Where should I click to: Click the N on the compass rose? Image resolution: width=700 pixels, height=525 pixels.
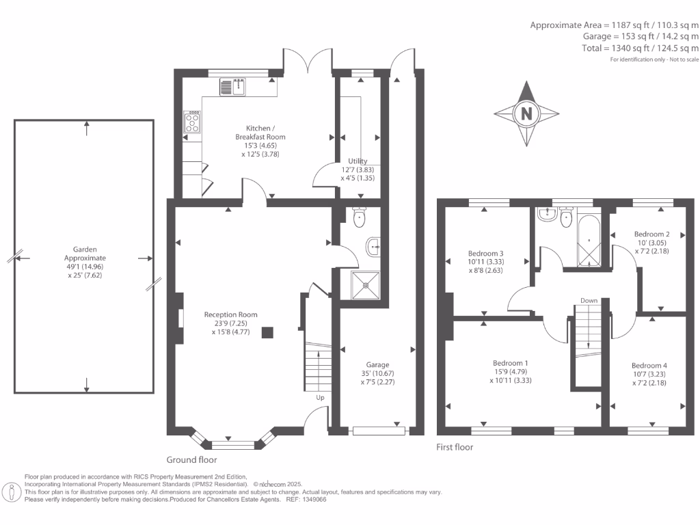click(x=527, y=113)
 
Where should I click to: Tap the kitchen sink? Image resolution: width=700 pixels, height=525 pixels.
click(x=232, y=87)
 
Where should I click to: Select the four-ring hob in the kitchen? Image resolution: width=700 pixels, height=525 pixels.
click(x=192, y=122)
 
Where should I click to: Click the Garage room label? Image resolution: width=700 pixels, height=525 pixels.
click(x=377, y=365)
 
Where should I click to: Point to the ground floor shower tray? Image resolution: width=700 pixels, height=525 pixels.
click(x=366, y=285)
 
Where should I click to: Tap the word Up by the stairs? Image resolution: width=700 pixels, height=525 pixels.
click(x=320, y=397)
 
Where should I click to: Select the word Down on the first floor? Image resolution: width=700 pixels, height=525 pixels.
click(x=589, y=301)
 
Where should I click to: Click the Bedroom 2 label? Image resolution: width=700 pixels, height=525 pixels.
click(x=651, y=234)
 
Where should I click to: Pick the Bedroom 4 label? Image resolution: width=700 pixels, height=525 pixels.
click(x=649, y=365)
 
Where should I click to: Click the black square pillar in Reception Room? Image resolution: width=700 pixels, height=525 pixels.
click(x=267, y=333)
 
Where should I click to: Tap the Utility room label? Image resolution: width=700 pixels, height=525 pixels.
click(x=358, y=161)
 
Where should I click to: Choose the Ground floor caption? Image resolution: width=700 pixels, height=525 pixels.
click(x=191, y=460)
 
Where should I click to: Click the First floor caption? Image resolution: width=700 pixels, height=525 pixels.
click(x=455, y=447)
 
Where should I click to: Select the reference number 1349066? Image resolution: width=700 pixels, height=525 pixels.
click(x=314, y=500)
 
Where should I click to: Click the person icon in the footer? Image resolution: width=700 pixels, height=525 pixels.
click(x=12, y=492)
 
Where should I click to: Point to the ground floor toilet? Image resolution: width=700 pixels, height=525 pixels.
click(x=359, y=217)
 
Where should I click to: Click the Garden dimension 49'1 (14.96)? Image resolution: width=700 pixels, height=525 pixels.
click(x=85, y=267)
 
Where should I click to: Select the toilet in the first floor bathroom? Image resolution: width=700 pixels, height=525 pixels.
click(x=566, y=217)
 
